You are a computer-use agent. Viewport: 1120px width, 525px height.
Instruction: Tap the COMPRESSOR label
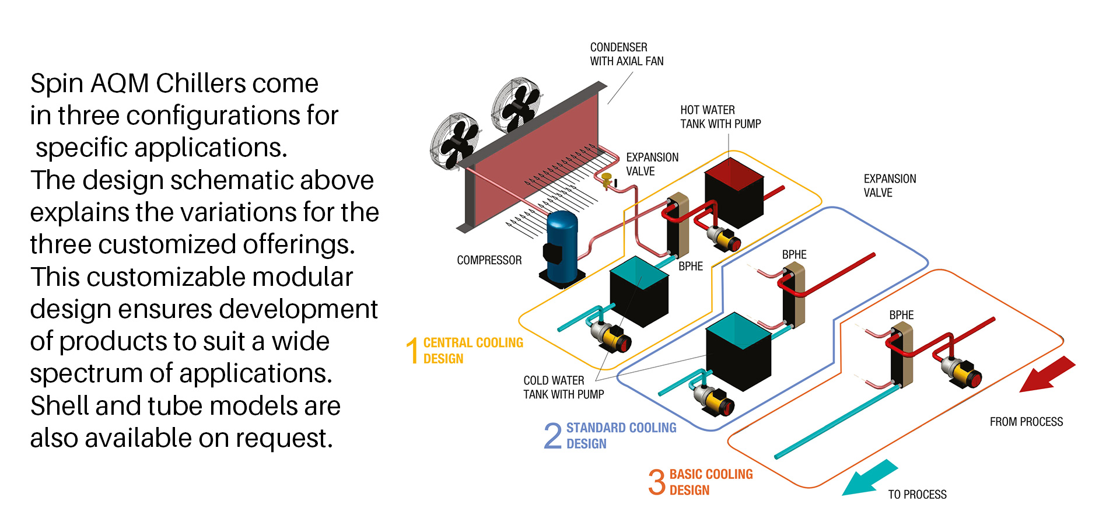489,260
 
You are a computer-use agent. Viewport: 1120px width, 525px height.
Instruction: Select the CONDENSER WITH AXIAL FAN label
626,54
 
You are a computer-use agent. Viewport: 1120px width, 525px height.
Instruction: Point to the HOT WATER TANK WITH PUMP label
720,117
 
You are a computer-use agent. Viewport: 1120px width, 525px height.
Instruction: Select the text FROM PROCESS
1026,422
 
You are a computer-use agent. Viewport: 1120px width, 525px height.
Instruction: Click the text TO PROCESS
917,495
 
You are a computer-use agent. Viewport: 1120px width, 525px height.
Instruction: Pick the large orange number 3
657,482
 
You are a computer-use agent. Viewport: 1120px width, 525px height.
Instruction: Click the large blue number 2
552,436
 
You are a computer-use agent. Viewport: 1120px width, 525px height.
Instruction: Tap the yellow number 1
412,351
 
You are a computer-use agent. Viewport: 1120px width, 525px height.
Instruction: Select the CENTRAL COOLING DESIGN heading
473,351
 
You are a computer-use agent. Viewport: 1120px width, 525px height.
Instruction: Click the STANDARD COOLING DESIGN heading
621,436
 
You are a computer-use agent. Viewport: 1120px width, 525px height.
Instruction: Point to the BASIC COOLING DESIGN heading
710,482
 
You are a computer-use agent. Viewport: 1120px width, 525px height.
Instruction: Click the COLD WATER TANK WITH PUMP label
563,387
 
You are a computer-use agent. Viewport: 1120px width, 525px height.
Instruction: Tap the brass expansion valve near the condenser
607,179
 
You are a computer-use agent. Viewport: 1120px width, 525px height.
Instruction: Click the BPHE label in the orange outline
901,315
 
